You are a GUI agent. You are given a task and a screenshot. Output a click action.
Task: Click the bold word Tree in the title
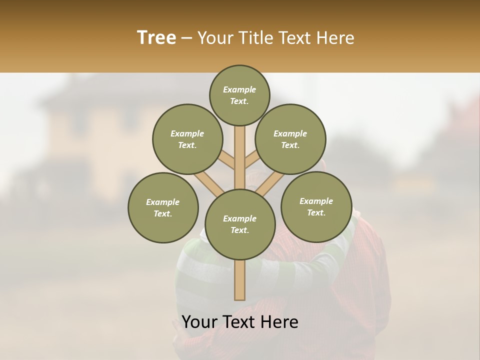[x=156, y=38]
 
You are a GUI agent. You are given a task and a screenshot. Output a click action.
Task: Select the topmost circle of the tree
[x=239, y=95]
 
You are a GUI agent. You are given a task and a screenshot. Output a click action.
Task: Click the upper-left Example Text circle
[x=187, y=139]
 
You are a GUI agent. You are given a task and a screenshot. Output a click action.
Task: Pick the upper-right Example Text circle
[x=290, y=139]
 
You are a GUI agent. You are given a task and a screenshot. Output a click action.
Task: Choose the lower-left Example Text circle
[x=163, y=207]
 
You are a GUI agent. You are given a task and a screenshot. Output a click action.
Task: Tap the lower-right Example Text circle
[x=316, y=206]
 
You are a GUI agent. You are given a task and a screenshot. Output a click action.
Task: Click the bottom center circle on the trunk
[x=240, y=224]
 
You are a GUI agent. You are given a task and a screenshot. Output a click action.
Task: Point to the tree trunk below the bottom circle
[x=240, y=280]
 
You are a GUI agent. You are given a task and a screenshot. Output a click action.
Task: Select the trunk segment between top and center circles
[x=240, y=155]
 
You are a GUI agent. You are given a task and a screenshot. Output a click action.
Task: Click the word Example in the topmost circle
[x=239, y=89]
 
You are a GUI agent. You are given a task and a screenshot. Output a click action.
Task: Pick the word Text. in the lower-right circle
[x=316, y=212]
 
